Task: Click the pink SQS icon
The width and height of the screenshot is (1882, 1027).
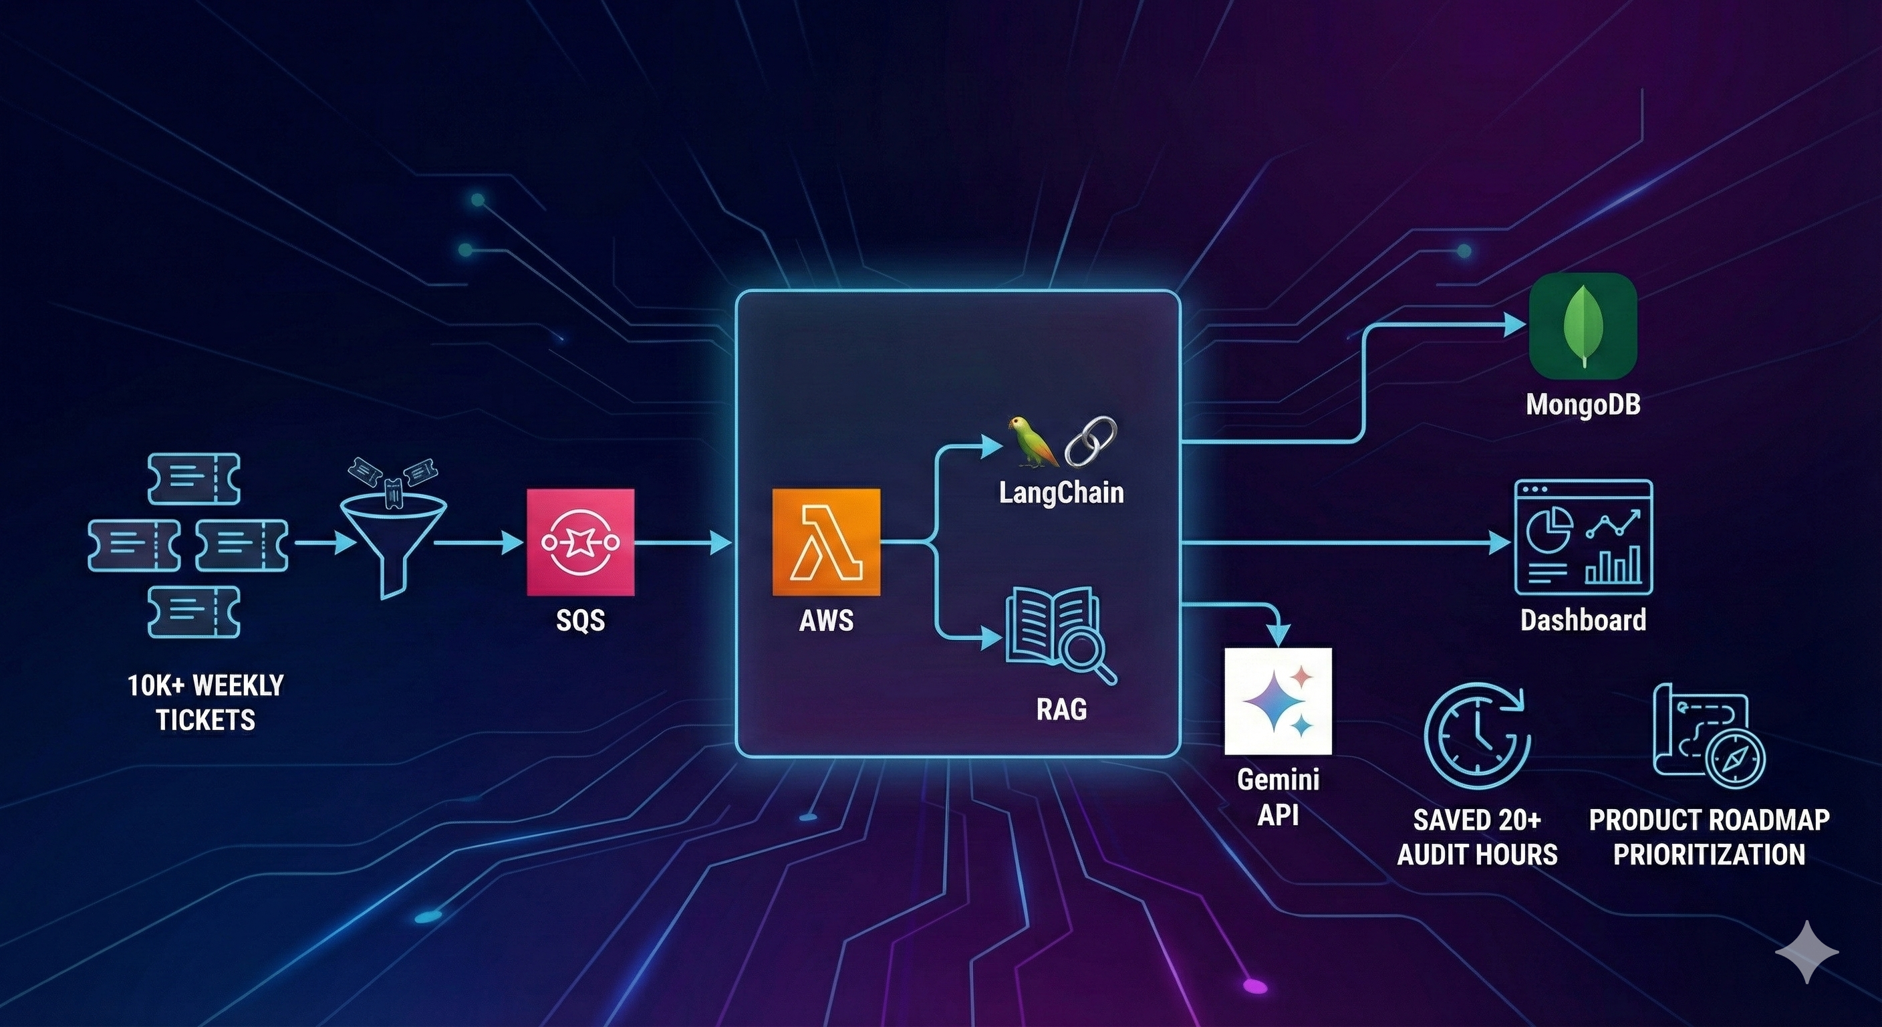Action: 581,542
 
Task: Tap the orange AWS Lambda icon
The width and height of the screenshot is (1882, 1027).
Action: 826,542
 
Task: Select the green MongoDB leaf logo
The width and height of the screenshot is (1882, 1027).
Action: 1583,326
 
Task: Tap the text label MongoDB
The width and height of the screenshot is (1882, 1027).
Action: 1583,405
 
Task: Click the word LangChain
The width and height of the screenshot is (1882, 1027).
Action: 1061,493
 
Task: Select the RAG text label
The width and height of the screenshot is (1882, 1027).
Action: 1061,709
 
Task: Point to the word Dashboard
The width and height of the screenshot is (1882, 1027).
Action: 1583,620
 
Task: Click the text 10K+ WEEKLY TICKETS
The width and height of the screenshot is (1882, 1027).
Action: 206,703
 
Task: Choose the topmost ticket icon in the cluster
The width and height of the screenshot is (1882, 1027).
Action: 194,479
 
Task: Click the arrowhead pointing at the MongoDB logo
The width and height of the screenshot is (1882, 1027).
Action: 1515,324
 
